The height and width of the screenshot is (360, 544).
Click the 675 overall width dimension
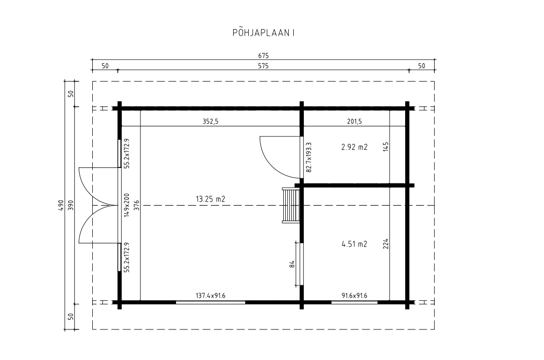click(x=263, y=56)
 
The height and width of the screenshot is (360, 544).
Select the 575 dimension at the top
click(x=263, y=66)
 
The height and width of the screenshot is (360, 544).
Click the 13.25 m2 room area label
click(x=210, y=199)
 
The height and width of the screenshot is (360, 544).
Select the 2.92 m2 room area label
click(x=354, y=147)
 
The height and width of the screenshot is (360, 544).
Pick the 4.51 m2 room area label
click(x=354, y=244)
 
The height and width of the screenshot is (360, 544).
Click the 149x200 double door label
click(x=127, y=205)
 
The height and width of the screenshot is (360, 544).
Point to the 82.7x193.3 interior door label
click(x=309, y=157)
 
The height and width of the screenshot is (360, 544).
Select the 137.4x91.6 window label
click(x=210, y=296)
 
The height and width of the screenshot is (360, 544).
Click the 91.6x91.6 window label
click(x=354, y=296)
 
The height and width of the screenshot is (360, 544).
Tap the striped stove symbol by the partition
click(x=291, y=206)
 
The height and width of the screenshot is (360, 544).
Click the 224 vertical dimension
click(x=386, y=244)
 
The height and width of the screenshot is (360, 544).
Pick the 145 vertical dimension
click(x=386, y=146)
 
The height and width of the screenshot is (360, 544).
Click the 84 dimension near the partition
click(x=292, y=264)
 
